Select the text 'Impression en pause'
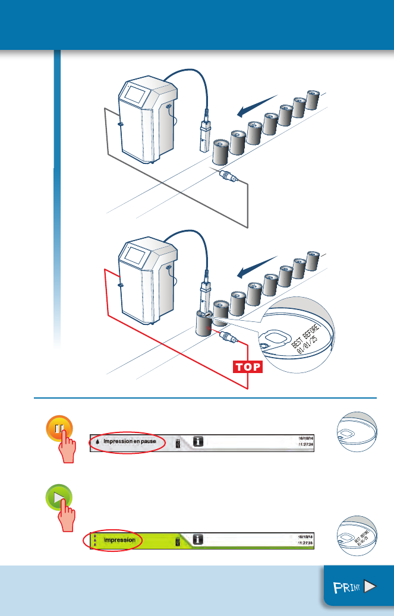(x=130, y=441)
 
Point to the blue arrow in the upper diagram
(x=256, y=105)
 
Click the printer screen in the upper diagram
(x=136, y=96)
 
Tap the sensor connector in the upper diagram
(x=227, y=176)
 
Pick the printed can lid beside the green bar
(x=356, y=536)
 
